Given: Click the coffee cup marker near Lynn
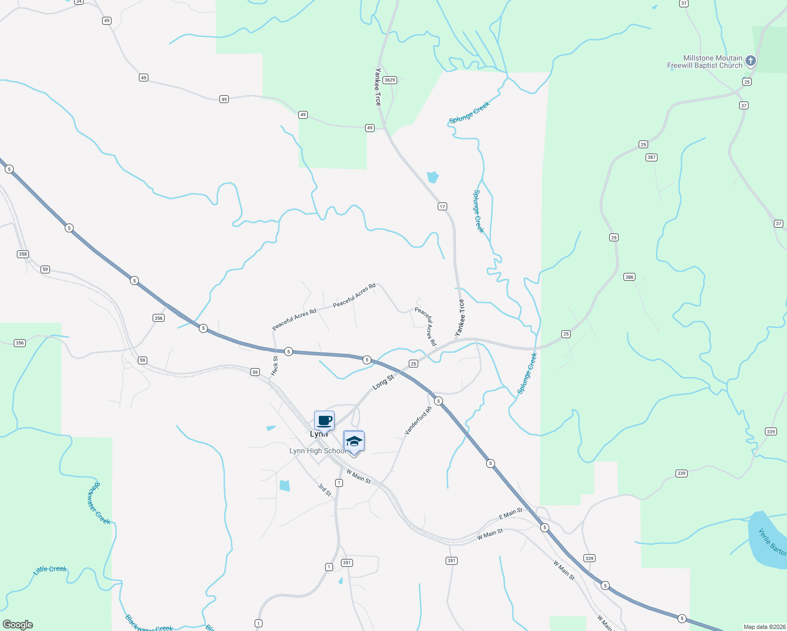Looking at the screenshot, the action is coord(324,421).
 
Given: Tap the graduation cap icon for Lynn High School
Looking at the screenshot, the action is coord(354,441).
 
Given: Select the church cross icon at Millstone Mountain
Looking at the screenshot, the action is coord(751,61).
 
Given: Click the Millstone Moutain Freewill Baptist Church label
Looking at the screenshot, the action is coord(705,62).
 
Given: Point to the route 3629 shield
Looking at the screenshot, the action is coord(389,80).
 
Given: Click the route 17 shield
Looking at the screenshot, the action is coord(442,206).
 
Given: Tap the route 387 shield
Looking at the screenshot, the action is coord(651,157).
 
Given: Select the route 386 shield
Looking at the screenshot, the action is coord(629,277).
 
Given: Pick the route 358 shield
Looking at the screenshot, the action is coord(22,254).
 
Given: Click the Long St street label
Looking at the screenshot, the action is coord(383,382).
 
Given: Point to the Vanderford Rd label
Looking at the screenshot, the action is coord(418,421).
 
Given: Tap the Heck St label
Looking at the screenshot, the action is coord(275,365).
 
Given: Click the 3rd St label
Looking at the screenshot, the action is coord(325,490).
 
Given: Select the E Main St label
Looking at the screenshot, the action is coord(510,513).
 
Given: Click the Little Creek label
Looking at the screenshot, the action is coord(50,569).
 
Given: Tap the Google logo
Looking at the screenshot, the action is coord(18,625).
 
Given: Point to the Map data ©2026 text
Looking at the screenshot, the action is coord(764,627).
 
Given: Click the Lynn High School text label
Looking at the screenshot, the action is coord(318,451).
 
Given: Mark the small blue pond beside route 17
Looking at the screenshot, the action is coord(432,177).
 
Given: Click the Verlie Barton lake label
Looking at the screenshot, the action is coord(772,542).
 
